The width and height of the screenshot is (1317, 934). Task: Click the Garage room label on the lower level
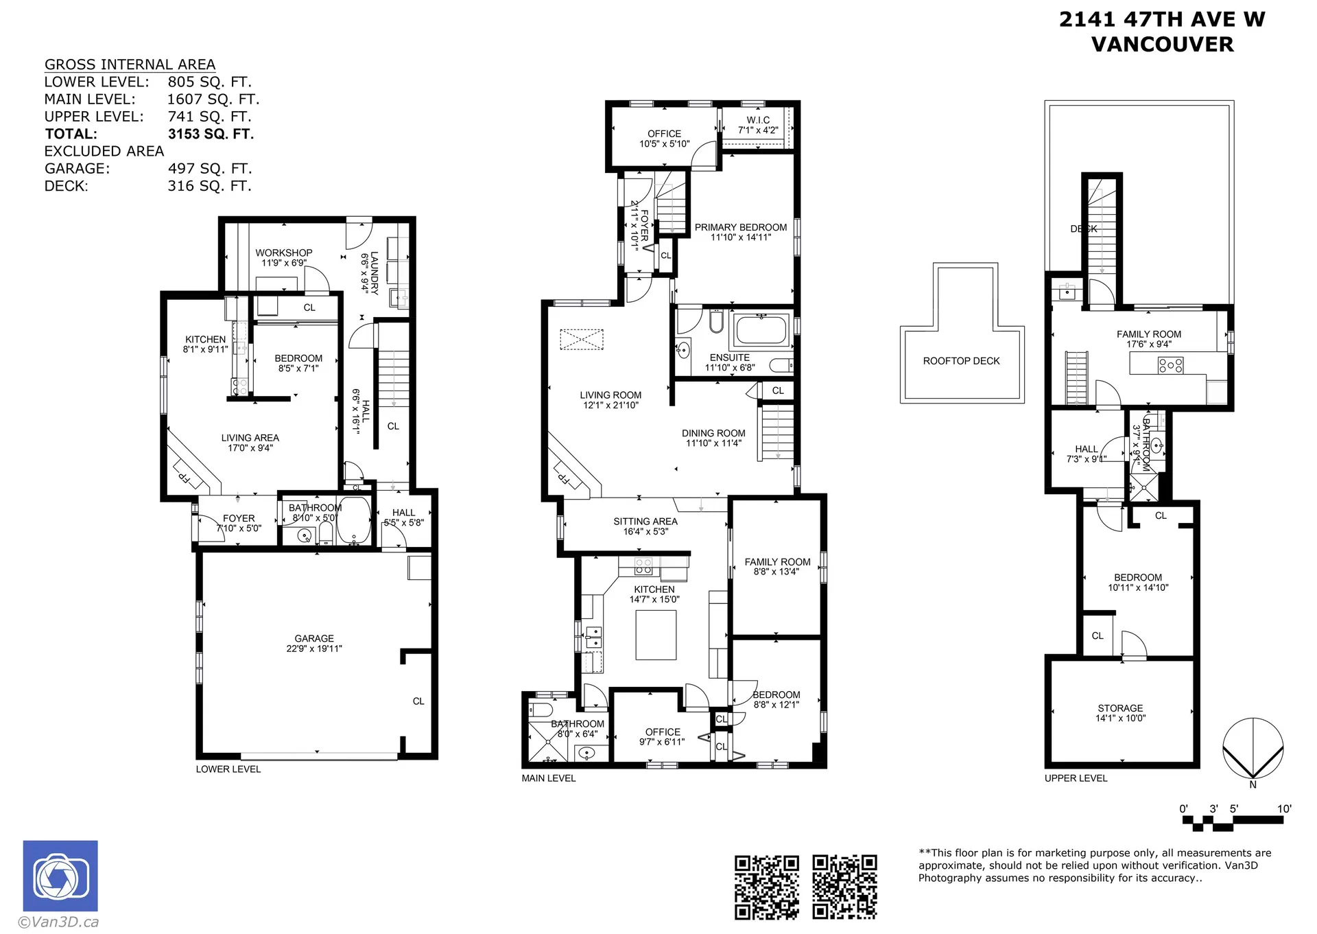point(314,638)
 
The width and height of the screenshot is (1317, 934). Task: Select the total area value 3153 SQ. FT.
point(211,134)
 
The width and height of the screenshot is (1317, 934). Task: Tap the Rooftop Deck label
point(961,361)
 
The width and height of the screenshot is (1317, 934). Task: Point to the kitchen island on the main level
point(656,635)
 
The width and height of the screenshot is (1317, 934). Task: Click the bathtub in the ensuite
point(761,330)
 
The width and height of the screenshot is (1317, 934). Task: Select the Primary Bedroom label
point(741,227)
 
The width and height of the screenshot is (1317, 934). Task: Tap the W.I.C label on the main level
point(758,120)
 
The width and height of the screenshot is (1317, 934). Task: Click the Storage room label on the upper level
point(1120,708)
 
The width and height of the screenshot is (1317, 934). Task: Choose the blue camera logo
point(60,876)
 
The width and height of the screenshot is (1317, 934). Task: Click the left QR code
point(767,887)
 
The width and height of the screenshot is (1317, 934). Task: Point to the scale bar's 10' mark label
point(1283,808)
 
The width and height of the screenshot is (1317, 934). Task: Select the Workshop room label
point(284,253)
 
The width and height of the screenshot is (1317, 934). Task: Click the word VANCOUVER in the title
point(1162,45)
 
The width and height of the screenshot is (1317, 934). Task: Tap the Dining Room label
point(713,433)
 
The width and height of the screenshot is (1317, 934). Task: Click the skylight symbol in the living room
point(582,340)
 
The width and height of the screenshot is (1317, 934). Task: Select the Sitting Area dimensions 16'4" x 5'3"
point(645,532)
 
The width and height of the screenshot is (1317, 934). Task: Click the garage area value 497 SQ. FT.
point(209,169)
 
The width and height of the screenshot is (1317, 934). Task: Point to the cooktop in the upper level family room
point(1170,365)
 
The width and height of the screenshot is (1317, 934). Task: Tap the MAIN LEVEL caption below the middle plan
point(548,778)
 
